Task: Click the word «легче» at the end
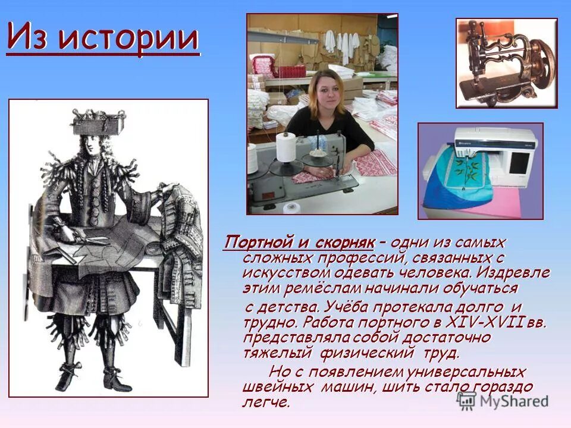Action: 265,402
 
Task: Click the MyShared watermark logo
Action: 503,400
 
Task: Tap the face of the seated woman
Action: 325,93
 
